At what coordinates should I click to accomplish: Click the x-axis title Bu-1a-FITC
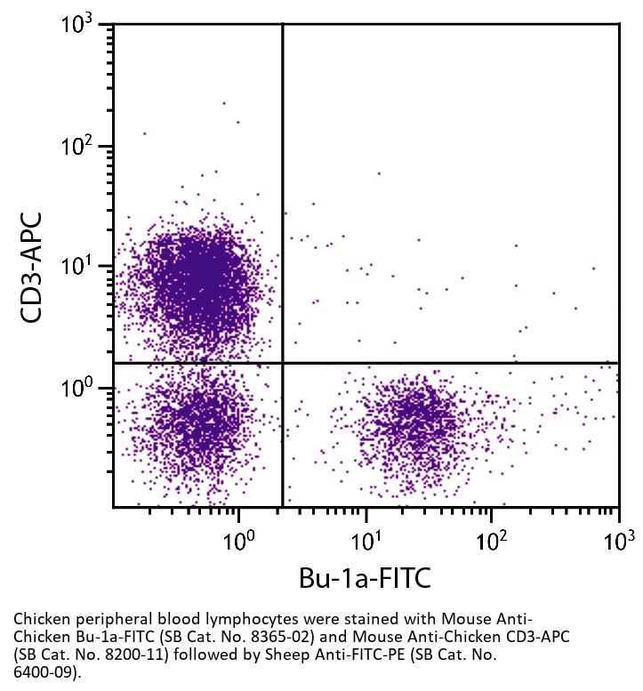(x=365, y=578)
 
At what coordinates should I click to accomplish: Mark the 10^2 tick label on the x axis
(x=490, y=540)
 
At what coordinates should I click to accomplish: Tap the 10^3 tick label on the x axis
(x=616, y=540)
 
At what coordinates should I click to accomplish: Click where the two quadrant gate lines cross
(x=283, y=363)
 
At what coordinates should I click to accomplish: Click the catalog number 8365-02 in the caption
(x=292, y=637)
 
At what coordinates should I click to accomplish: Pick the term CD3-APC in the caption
(x=539, y=637)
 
